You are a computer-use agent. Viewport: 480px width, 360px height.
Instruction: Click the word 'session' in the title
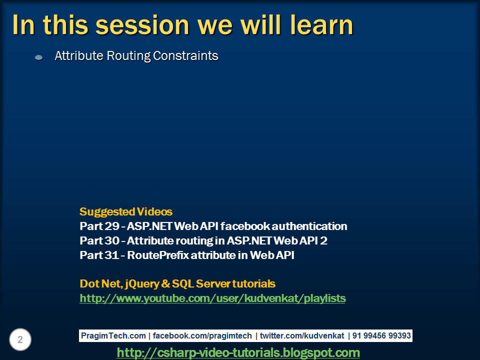coord(142,25)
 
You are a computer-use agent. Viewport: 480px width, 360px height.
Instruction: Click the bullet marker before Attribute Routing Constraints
coord(39,57)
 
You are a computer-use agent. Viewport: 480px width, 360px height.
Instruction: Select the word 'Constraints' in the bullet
coord(185,55)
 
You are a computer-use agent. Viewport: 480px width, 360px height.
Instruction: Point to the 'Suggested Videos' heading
coord(126,211)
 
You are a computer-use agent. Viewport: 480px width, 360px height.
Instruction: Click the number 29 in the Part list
coord(112,226)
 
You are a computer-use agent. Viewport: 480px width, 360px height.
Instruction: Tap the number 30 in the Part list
coord(112,240)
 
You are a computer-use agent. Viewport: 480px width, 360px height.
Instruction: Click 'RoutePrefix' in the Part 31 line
coord(158,255)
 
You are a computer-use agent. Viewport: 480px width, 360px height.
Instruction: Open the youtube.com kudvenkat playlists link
coord(213,298)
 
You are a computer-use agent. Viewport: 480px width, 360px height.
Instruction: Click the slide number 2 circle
coord(20,339)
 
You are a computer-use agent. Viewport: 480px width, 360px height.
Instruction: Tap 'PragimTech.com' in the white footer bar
coord(113,336)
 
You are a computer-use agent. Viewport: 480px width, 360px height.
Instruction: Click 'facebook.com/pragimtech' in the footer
coord(202,336)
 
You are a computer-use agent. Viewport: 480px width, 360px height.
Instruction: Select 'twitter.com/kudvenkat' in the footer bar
coord(302,336)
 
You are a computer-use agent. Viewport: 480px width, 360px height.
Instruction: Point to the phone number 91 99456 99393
coord(381,336)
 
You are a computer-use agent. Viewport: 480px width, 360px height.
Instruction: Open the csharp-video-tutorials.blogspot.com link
coord(238,352)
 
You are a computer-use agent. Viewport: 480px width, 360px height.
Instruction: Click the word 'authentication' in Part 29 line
coord(309,226)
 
